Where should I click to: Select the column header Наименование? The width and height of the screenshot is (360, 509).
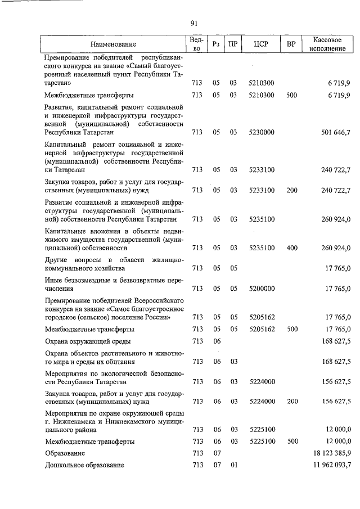point(113,44)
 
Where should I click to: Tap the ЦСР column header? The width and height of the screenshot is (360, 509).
point(261,44)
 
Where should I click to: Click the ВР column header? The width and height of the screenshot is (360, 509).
point(291,44)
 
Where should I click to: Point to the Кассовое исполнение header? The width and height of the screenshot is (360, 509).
point(327,44)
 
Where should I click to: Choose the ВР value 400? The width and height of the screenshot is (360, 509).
point(291,247)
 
